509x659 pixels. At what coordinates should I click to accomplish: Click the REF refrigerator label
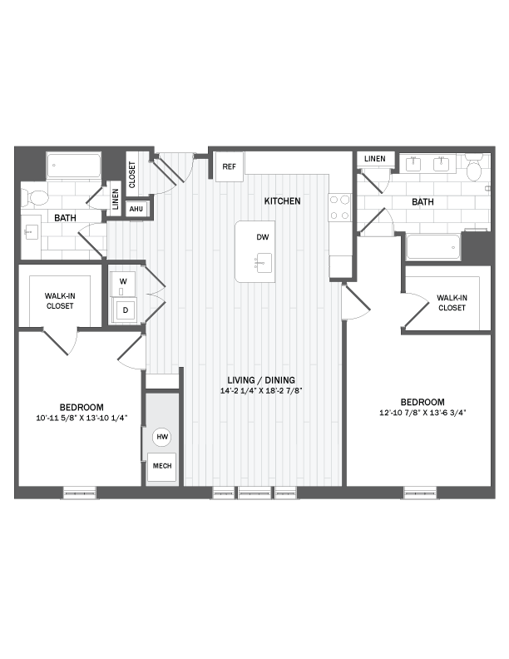pos(229,167)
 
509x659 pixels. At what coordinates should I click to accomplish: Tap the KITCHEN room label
pos(282,201)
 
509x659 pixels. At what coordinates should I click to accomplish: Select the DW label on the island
pos(263,237)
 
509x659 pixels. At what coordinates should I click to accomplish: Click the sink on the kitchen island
pos(264,263)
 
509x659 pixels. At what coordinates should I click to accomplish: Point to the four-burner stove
pos(340,207)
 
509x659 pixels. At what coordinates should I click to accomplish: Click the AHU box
pos(136,209)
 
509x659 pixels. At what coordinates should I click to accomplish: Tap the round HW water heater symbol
pos(162,437)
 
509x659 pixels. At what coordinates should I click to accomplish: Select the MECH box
pos(161,467)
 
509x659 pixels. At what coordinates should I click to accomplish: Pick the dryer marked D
pos(125,310)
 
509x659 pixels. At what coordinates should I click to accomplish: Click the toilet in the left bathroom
pos(36,197)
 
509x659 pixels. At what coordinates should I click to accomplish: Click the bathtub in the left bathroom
pos(73,166)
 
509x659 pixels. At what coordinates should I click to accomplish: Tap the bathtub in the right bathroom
pos(433,247)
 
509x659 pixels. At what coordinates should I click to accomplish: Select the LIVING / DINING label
pos(261,380)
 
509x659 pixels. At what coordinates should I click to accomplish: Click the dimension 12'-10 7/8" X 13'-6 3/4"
pos(423,413)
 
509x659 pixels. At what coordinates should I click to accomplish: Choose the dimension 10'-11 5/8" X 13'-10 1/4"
pos(82,419)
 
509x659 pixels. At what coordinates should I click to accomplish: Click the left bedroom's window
pos(80,493)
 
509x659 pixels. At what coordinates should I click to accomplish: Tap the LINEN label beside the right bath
pos(375,159)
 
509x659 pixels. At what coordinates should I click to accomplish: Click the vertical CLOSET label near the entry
pos(132,175)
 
